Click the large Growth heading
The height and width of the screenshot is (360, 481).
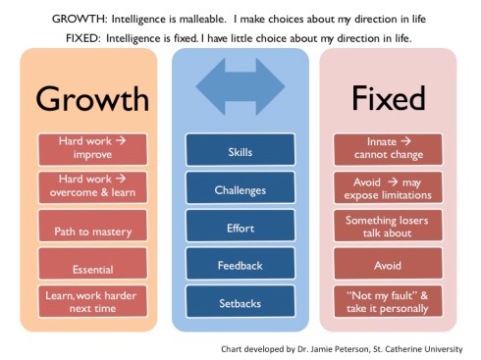[92, 98]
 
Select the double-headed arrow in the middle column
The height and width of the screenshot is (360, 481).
[240, 79]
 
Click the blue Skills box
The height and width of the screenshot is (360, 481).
[240, 154]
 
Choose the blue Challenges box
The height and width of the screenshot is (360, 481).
[240, 190]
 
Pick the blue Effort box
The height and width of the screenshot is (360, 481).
[240, 228]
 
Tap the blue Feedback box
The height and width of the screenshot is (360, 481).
[240, 265]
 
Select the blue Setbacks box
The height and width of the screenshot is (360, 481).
[240, 302]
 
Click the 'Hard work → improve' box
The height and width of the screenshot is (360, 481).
[92, 149]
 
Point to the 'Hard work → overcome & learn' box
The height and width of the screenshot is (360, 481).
[92, 186]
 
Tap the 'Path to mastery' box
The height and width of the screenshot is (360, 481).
[92, 231]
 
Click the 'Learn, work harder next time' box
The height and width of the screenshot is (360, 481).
[92, 301]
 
